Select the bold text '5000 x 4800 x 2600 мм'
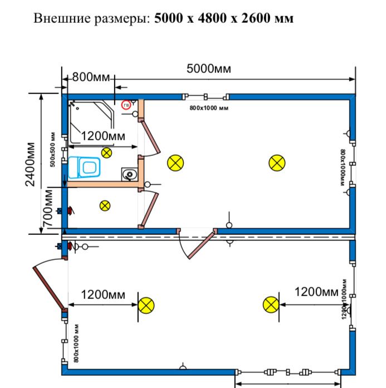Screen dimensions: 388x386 coord(224,18)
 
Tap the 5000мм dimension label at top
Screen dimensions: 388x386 coord(208,68)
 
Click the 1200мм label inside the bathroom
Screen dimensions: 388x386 coord(104,135)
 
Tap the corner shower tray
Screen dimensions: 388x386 coord(91,118)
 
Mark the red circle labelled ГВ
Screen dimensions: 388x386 coord(126,104)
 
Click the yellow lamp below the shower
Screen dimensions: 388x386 coord(106,152)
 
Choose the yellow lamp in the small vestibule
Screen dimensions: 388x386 coord(105,206)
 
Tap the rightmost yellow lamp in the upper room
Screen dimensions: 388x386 coord(277,163)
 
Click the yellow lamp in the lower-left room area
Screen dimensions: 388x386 coord(146,305)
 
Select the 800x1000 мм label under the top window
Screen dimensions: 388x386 coord(209,108)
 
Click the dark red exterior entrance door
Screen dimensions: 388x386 coord(48,287)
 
